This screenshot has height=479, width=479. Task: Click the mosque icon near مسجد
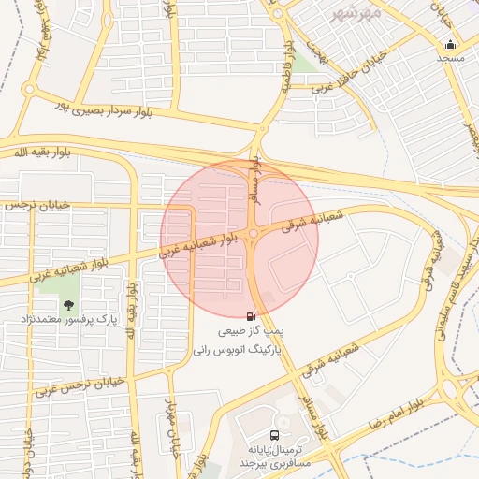click(x=452, y=44)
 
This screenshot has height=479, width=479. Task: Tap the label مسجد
click(x=452, y=58)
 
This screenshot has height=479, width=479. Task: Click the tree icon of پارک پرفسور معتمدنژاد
click(x=67, y=305)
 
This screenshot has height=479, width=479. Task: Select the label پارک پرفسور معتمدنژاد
click(x=68, y=320)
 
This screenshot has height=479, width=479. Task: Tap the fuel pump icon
click(x=251, y=317)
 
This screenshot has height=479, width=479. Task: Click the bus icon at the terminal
click(x=274, y=434)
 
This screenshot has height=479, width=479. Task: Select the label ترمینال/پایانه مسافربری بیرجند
click(x=273, y=456)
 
